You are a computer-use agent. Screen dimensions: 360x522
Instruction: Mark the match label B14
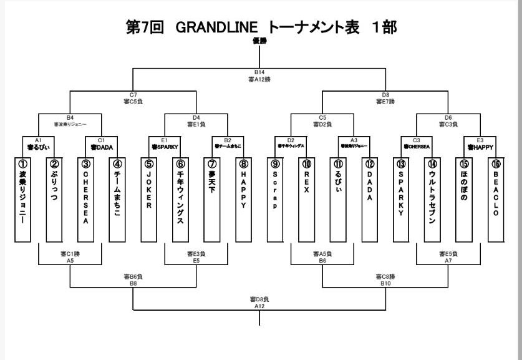coord(259,72)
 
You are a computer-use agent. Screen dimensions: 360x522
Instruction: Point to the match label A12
coord(259,306)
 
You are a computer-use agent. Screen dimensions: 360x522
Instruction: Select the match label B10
coord(385,283)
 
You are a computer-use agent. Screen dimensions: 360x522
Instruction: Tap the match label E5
coord(196,260)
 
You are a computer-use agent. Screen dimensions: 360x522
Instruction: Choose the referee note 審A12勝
coord(259,79)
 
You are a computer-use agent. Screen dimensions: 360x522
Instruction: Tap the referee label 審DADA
coord(102,148)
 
